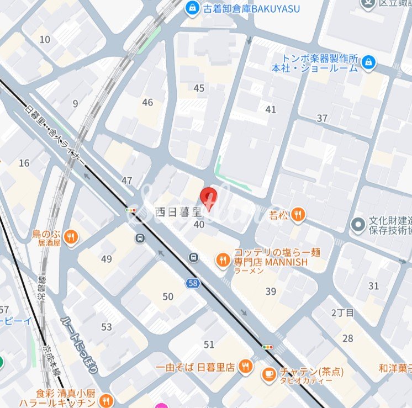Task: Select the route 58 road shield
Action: tap(193, 283)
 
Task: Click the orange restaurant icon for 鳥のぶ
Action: tap(70, 237)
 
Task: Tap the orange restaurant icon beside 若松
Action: tap(298, 215)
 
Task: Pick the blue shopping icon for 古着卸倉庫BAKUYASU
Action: tap(192, 8)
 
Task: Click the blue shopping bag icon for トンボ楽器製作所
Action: tap(368, 63)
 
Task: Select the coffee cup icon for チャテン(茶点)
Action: tap(269, 374)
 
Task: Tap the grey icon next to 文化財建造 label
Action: tap(358, 225)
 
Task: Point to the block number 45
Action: tap(199, 88)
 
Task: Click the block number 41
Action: tap(271, 109)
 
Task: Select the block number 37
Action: tap(322, 118)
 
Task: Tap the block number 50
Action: tap(168, 296)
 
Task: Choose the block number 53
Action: tap(106, 327)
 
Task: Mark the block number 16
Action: tap(24, 163)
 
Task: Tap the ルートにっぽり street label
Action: tap(80, 344)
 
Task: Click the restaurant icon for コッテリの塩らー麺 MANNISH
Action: tap(223, 261)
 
